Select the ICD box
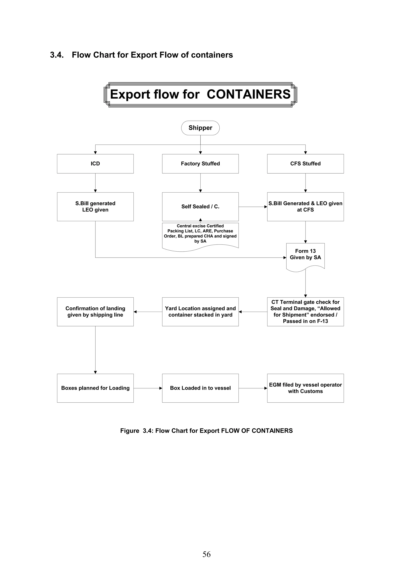pos(95,163)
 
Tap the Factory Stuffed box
pos(200,163)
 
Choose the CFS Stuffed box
pos(305,163)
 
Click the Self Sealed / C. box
pos(200,207)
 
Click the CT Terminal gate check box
pos(305,312)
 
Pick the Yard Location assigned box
pos(200,312)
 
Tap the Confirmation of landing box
pos(95,312)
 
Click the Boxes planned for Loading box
pos(95,388)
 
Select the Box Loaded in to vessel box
pos(200,388)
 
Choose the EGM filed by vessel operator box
pos(305,388)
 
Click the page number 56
pos(206,554)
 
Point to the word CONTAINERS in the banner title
pos(248,94)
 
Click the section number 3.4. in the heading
pos(57,55)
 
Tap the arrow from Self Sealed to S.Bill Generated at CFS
pos(253,207)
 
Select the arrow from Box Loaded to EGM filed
pos(253,388)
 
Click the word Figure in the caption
pos(129,431)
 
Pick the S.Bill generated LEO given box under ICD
pos(95,207)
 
